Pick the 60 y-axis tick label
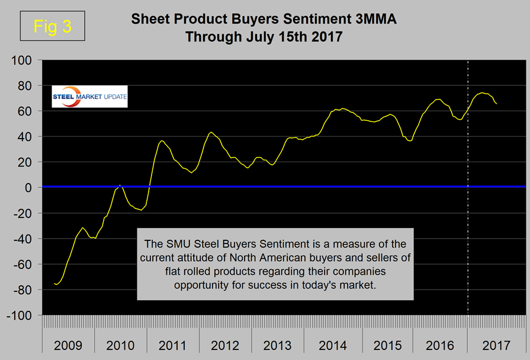(x=28, y=111)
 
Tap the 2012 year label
(x=226, y=346)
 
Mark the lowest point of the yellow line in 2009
(x=56, y=285)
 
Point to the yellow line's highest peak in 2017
(x=483, y=92)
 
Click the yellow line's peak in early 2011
(x=162, y=140)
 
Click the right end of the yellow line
(x=496, y=104)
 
